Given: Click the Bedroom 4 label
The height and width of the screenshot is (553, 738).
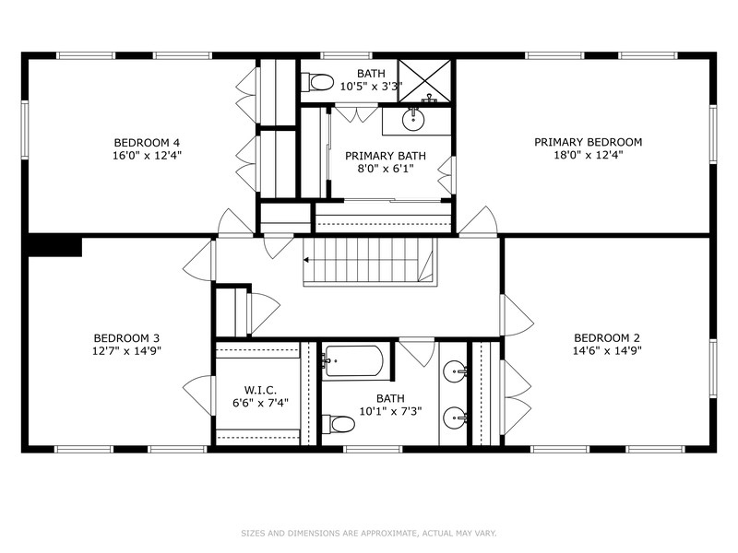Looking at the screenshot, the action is pyautogui.click(x=147, y=142).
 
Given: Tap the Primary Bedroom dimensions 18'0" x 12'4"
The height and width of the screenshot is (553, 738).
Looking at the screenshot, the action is pyautogui.click(x=588, y=155).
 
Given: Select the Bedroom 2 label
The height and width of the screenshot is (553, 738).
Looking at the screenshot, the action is pyautogui.click(x=607, y=337).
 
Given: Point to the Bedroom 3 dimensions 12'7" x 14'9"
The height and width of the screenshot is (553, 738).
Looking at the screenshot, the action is pyautogui.click(x=126, y=350).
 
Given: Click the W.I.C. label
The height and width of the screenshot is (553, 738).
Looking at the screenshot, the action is pyautogui.click(x=260, y=390).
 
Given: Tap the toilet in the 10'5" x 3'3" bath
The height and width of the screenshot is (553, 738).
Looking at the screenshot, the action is pyautogui.click(x=317, y=82).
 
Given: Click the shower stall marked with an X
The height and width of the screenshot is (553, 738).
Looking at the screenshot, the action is pyautogui.click(x=425, y=80).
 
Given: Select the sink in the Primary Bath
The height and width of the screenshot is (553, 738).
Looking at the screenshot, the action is pyautogui.click(x=413, y=120).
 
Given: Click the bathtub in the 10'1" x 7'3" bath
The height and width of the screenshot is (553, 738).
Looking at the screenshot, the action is pyautogui.click(x=353, y=361).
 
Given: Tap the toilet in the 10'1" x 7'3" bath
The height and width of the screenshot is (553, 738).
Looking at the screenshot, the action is pyautogui.click(x=339, y=424).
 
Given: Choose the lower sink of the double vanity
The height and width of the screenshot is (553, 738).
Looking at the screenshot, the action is pyautogui.click(x=455, y=418).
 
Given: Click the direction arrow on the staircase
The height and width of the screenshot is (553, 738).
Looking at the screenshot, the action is pyautogui.click(x=306, y=260).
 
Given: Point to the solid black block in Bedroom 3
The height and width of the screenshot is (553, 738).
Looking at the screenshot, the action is pyautogui.click(x=54, y=247).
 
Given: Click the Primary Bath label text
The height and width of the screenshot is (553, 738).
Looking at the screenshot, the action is pyautogui.click(x=386, y=156).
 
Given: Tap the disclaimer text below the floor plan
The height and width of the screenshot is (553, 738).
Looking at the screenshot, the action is pyautogui.click(x=368, y=534).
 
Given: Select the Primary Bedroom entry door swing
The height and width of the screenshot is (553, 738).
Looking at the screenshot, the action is pyautogui.click(x=478, y=220).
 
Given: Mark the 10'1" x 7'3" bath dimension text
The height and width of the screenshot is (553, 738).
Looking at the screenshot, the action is pyautogui.click(x=390, y=411).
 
